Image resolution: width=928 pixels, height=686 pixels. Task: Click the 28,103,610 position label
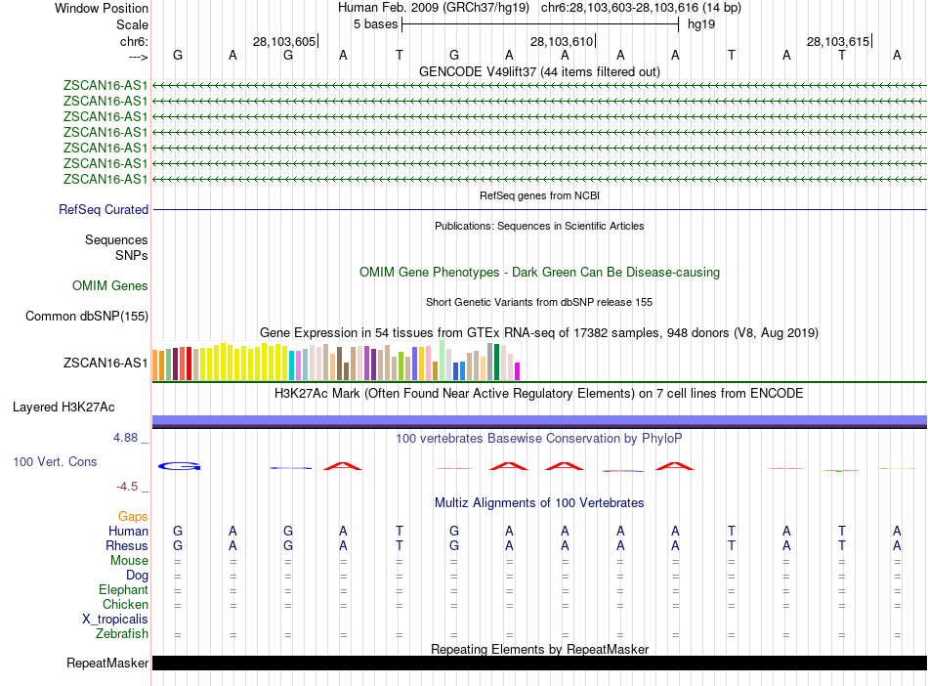coord(562,42)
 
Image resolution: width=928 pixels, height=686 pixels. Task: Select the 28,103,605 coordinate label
coord(284,42)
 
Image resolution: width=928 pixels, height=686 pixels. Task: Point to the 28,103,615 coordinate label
coord(838,42)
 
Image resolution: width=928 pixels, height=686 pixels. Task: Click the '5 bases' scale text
coord(375,24)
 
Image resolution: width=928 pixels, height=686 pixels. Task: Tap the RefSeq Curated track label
coord(104,209)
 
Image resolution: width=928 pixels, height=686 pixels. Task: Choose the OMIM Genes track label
coord(110,286)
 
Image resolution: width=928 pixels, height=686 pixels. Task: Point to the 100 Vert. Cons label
coord(55,461)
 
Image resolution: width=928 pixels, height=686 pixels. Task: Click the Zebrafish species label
coord(122,634)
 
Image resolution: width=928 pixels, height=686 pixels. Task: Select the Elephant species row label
coord(123,590)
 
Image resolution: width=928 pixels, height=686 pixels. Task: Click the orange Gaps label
coord(133,516)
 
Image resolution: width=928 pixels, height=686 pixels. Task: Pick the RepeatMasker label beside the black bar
coord(107,664)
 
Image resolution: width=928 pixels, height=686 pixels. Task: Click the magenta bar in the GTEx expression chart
coord(518,371)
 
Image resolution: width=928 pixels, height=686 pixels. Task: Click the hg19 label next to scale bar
coord(701,24)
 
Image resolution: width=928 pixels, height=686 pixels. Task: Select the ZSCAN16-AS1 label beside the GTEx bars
coord(105,364)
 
